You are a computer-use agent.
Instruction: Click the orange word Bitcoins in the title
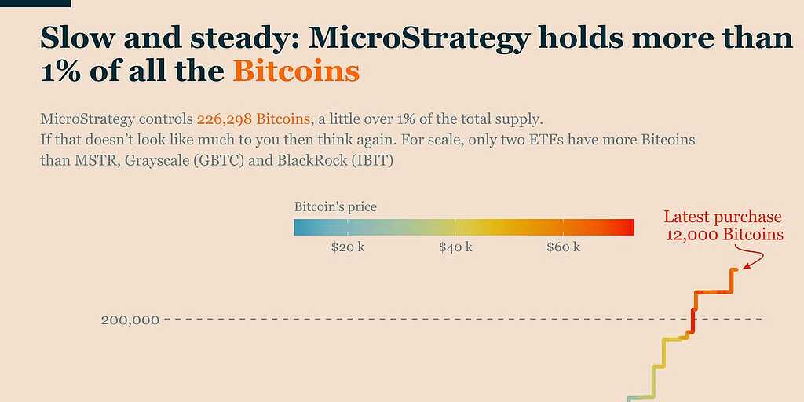click(296, 71)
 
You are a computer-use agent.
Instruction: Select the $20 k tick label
click(348, 247)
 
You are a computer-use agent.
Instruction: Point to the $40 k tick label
click(455, 247)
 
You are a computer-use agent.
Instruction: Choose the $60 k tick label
click(563, 247)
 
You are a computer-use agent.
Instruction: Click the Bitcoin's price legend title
click(335, 207)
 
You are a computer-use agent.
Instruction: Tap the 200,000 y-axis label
click(130, 320)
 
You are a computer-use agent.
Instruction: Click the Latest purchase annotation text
click(722, 217)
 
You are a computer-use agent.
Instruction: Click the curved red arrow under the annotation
click(755, 258)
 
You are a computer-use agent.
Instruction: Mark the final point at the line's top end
click(735, 270)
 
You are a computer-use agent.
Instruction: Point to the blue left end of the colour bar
click(298, 227)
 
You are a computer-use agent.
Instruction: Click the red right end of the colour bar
click(630, 227)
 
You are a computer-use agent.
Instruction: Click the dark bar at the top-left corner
click(35, 3)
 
